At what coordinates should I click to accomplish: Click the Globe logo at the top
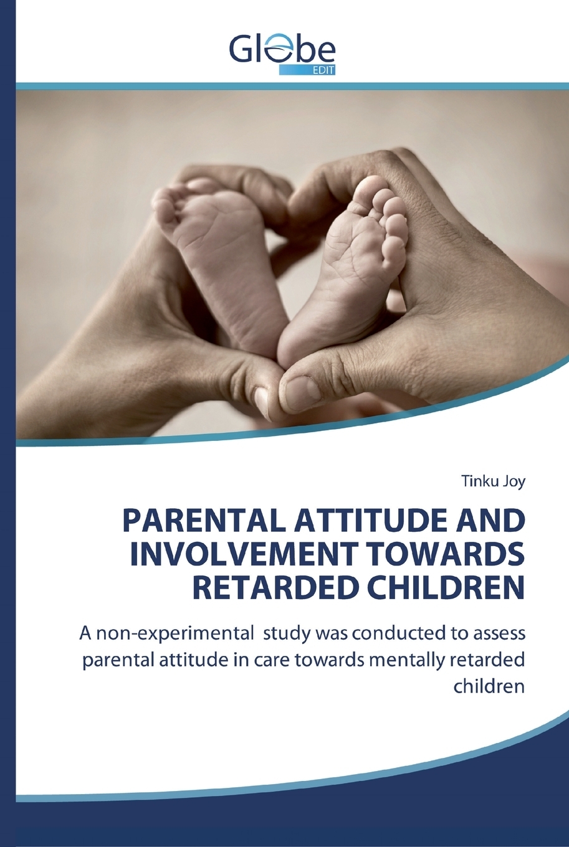click(x=282, y=53)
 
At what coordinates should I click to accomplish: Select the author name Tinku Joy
click(x=494, y=483)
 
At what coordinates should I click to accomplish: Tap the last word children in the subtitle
click(x=489, y=687)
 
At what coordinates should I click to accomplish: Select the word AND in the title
click(x=496, y=521)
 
